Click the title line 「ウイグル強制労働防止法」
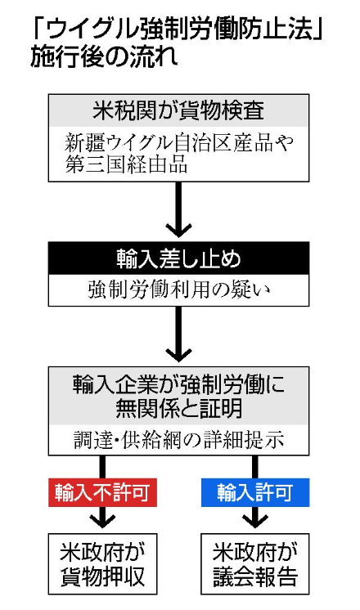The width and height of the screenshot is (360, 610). click(177, 30)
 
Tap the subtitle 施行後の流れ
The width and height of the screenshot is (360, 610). click(104, 56)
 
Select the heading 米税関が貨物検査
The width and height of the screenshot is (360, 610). click(178, 110)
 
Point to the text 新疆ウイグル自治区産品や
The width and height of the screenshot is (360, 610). click(178, 143)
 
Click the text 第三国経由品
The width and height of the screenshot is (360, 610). click(126, 164)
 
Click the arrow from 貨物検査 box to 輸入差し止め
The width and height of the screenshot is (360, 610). click(178, 209)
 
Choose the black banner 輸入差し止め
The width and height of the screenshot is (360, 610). click(178, 258)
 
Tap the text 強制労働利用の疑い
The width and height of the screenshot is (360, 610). click(178, 290)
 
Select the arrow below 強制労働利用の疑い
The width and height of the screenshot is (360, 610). click(178, 334)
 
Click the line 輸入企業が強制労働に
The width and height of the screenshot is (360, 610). click(178, 385)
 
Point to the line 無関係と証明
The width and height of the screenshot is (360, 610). click(178, 409)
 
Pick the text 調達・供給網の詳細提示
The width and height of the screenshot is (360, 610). click(178, 441)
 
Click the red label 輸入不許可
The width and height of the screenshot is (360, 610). click(102, 492)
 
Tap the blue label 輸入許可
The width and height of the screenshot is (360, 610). click(255, 492)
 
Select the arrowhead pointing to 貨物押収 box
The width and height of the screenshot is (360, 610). click(102, 521)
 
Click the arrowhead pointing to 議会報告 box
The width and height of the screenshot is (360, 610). click(255, 521)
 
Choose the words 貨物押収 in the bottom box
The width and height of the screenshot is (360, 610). click(102, 576)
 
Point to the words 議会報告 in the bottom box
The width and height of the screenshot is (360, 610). click(255, 576)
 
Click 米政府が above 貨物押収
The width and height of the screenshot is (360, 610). click(102, 553)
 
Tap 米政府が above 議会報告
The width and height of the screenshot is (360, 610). click(255, 553)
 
